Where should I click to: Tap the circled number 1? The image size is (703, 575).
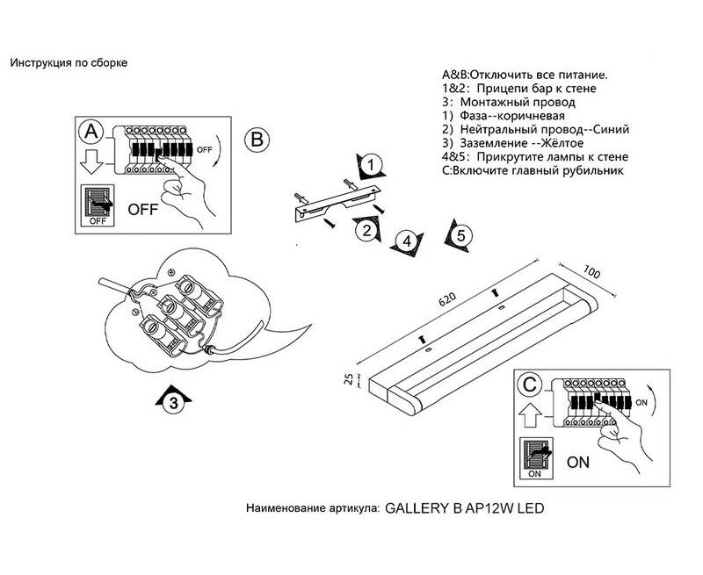click(372, 166)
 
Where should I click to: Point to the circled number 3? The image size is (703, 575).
click(174, 403)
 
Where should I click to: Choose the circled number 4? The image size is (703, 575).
click(405, 241)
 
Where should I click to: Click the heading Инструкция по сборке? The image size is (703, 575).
click(69, 63)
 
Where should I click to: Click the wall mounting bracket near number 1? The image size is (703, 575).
click(337, 202)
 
